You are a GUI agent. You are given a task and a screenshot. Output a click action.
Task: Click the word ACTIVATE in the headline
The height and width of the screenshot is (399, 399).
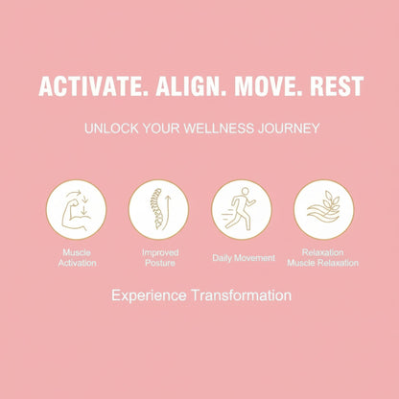point(91,86)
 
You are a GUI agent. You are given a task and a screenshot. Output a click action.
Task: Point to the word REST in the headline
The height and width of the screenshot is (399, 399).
point(337,86)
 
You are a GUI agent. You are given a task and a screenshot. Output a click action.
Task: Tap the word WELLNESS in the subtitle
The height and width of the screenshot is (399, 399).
point(219,129)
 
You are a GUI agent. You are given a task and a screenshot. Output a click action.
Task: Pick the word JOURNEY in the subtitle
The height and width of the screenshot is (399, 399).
point(289,129)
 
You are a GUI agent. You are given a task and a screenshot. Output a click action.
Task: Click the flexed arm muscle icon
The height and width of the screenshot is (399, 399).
point(76,210)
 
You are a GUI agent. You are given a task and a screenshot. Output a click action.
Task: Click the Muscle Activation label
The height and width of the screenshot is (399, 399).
point(77,258)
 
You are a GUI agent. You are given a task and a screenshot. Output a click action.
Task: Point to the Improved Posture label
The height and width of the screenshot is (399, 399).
point(160,258)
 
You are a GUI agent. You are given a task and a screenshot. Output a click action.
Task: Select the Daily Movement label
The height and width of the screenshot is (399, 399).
point(244,258)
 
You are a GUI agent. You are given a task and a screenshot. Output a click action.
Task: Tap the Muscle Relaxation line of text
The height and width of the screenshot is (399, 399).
point(322,263)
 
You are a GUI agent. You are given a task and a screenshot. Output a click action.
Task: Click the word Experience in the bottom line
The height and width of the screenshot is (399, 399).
point(149,295)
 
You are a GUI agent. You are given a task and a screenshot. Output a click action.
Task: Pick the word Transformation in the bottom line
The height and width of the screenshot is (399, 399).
point(242,295)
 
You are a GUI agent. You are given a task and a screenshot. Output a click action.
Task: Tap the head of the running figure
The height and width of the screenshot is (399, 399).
point(245,192)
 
